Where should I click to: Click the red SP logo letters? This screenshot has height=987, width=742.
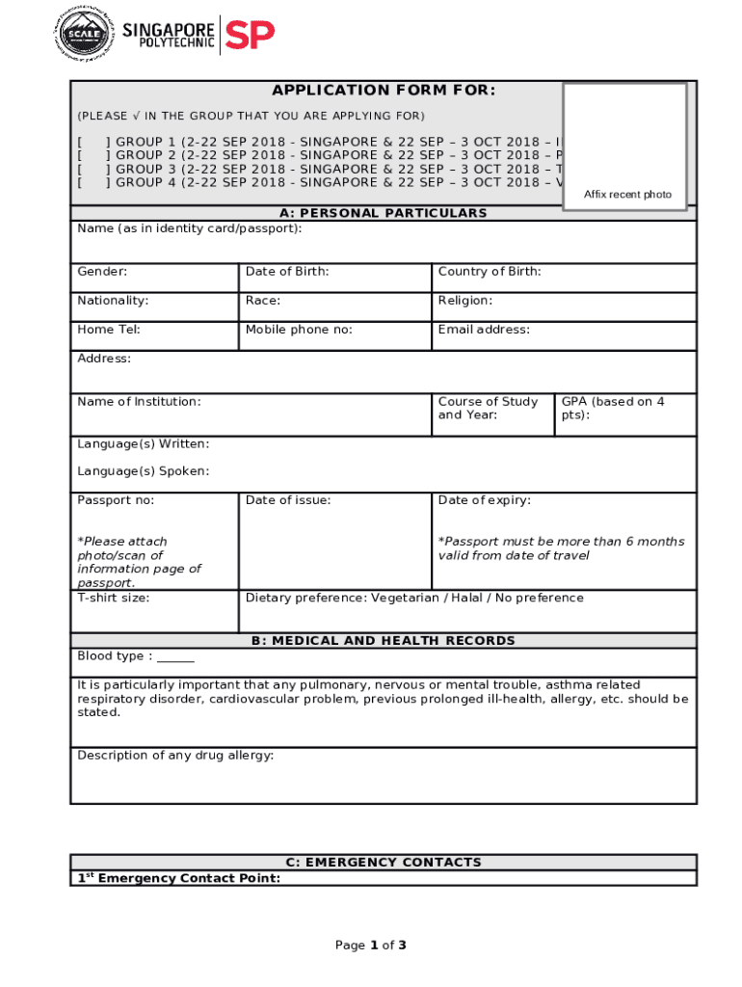pyautogui.click(x=250, y=35)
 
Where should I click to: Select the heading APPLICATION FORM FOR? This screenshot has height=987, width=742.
pyautogui.click(x=384, y=91)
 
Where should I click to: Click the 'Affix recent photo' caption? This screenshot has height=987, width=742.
pyautogui.click(x=627, y=195)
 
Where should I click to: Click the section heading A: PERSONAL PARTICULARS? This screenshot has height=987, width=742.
pyautogui.click(x=384, y=213)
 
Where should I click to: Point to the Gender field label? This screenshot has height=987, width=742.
pyautogui.click(x=102, y=272)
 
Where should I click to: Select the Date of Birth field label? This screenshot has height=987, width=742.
pyautogui.click(x=287, y=272)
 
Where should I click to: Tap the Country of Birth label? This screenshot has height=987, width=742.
pyautogui.click(x=490, y=272)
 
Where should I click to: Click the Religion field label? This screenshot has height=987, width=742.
pyautogui.click(x=465, y=301)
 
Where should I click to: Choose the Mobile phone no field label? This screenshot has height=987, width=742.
pyautogui.click(x=299, y=330)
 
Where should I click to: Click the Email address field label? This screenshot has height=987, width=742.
pyautogui.click(x=484, y=330)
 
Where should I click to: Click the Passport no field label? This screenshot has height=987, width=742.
pyautogui.click(x=116, y=500)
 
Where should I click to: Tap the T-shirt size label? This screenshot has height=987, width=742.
pyautogui.click(x=114, y=598)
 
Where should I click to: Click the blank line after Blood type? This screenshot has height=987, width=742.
pyautogui.click(x=175, y=657)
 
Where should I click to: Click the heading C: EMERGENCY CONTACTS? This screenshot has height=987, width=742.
pyautogui.click(x=384, y=863)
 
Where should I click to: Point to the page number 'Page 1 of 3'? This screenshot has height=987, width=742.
pyautogui.click(x=371, y=946)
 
